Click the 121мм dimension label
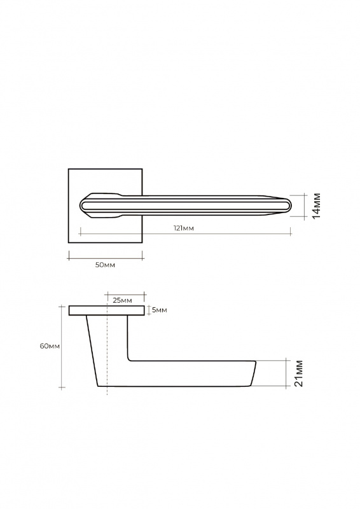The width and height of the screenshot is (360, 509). point(184,228)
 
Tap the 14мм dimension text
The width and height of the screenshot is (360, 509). point(316,206)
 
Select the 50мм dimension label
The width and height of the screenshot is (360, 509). point(105,265)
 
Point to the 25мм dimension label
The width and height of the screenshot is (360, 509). point(122,300)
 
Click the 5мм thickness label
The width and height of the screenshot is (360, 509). point(160,310)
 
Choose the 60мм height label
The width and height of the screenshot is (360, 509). point(50,346)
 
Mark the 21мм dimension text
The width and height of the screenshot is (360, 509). point(298,373)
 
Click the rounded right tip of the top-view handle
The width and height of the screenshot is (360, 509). point(291,206)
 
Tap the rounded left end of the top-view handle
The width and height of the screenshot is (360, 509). point(80,206)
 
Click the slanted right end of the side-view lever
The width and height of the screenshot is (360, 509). point(253,373)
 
